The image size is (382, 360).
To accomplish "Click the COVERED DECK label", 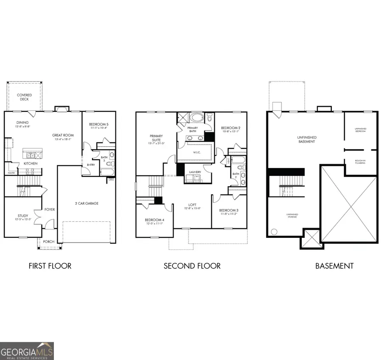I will (24, 98).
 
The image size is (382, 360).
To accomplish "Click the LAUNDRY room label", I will (195, 172).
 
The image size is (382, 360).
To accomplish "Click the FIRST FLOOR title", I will (50, 266).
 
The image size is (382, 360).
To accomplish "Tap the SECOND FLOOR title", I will (192, 266).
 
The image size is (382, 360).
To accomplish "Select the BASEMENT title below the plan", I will (334, 266).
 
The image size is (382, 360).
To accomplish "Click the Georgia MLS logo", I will (27, 351).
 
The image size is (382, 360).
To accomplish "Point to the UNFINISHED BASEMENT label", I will (306, 140).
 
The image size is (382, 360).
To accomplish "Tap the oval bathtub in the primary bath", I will (197, 117).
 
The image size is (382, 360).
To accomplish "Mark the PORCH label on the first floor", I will (49, 242).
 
